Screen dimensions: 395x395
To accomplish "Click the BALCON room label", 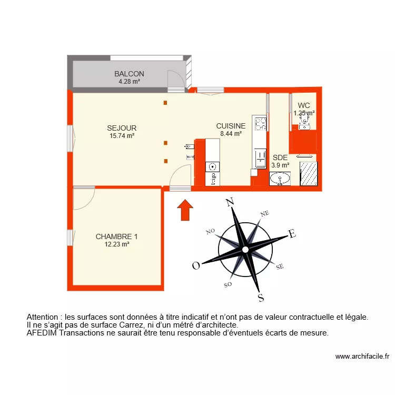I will pyautogui.click(x=129, y=74).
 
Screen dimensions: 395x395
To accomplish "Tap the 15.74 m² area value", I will pyautogui.click(x=122, y=136).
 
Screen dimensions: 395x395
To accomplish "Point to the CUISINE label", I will pyautogui.click(x=231, y=126).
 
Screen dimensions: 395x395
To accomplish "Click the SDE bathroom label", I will pyautogui.click(x=280, y=157).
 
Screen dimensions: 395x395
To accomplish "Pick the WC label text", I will pyautogui.click(x=304, y=105).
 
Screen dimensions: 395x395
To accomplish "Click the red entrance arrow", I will pyautogui.click(x=184, y=209).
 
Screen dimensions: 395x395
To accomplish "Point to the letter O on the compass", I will pyautogui.click(x=195, y=266).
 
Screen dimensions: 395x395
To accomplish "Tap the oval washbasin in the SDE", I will pyautogui.click(x=280, y=180).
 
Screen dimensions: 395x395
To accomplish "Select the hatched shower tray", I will pyautogui.click(x=308, y=174).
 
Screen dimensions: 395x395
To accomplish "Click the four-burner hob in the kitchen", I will pyautogui.click(x=260, y=124).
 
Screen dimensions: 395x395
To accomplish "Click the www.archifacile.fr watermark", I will pyautogui.click(x=362, y=357).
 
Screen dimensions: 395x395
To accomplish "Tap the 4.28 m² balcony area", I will pyautogui.click(x=129, y=82).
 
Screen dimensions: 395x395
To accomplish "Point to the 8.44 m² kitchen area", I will pyautogui.click(x=231, y=134).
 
